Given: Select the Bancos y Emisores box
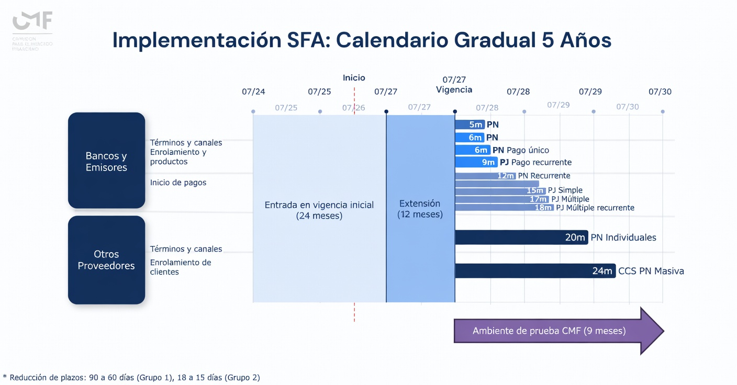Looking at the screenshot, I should click(x=106, y=161).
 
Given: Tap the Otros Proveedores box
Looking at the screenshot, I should click(x=106, y=259).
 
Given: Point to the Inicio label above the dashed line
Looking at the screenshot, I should click(x=354, y=78).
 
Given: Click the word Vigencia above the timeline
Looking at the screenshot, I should click(x=454, y=89).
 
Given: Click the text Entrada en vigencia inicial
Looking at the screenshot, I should click(x=319, y=205).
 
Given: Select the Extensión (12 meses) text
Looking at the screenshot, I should click(x=420, y=208).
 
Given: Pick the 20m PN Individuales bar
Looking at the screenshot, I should click(x=521, y=237).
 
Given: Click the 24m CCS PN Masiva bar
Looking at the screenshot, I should click(x=534, y=271).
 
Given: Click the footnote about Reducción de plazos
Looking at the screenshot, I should click(x=131, y=377).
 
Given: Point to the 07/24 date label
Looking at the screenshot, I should click(x=253, y=92).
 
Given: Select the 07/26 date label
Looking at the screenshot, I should click(x=353, y=108).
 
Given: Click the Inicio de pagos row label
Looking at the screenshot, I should click(x=178, y=183).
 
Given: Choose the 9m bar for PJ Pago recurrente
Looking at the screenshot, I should click(x=476, y=162).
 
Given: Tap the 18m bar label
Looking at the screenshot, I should click(x=543, y=208).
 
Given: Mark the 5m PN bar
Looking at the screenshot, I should click(x=469, y=124).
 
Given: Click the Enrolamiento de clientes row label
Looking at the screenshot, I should click(x=181, y=267).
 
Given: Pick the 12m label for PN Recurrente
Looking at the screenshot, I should click(x=506, y=176).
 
